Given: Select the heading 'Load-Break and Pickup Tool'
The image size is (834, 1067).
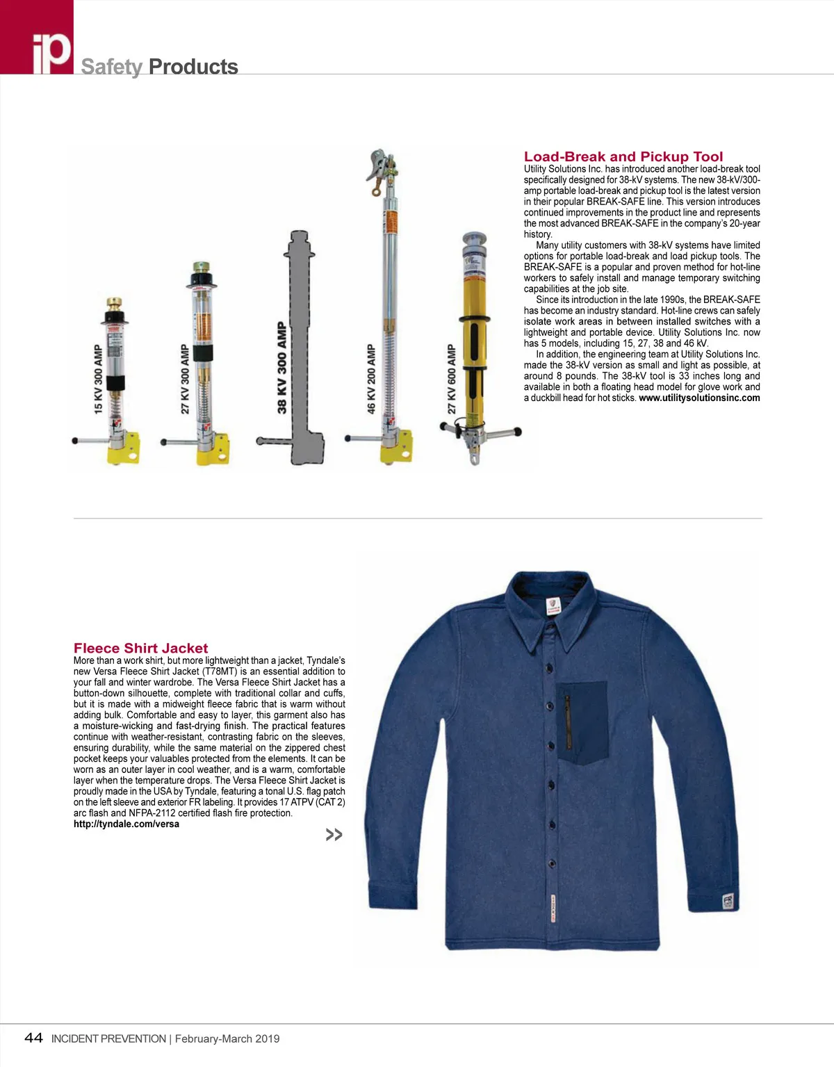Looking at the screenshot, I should point(623,157).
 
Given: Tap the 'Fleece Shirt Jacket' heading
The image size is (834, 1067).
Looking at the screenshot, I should point(140,649).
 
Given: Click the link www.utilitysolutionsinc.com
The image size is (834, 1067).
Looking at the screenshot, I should point(699,398).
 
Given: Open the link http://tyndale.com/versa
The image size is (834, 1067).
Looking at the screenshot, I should point(126,824).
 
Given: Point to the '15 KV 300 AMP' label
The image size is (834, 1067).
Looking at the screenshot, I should point(98,379).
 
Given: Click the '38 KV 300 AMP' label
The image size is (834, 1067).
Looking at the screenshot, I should point(282,367).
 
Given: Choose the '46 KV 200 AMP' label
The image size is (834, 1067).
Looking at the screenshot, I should point(371,379).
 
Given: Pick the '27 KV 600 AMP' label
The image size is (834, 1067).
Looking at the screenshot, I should point(451,379).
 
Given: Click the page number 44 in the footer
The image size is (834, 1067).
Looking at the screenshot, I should point(33,1038).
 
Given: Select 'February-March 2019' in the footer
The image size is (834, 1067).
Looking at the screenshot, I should point(227,1039).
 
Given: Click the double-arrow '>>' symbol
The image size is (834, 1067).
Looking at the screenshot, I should point(334,834).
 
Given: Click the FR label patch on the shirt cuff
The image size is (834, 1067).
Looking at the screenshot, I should point(728,902).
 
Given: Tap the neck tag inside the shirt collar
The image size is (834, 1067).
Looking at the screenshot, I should point(553,605).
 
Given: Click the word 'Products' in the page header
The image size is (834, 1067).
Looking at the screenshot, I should point(193,67).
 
